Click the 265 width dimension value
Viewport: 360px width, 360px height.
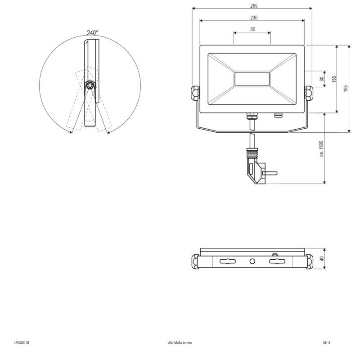point(252,5)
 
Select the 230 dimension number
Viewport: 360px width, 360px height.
point(252,18)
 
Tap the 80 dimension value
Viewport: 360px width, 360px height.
point(252,29)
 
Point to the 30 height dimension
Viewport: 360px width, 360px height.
point(321,79)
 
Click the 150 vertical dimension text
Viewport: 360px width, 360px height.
point(334,79)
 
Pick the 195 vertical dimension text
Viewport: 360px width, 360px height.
point(346,89)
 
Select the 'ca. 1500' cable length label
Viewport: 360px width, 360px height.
point(321,148)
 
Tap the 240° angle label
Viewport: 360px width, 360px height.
point(93,33)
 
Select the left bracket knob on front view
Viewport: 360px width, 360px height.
point(195,93)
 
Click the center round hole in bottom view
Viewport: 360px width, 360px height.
point(252,261)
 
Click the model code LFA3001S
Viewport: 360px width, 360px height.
point(21,343)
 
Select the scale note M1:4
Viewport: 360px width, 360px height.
point(327,343)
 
